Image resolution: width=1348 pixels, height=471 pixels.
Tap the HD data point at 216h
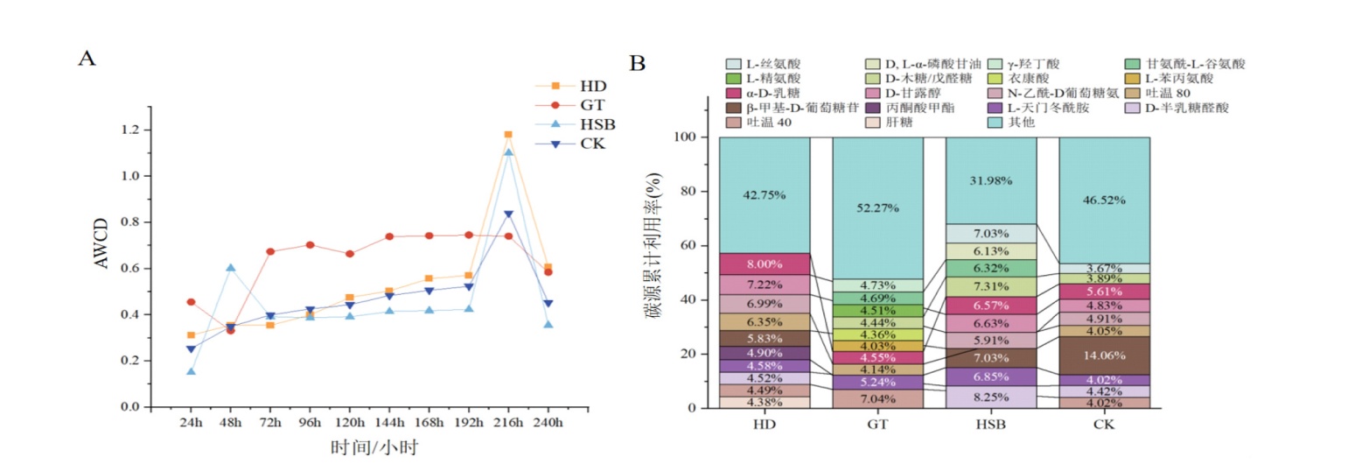click(x=507, y=135)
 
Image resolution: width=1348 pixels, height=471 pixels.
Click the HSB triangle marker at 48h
click(x=231, y=268)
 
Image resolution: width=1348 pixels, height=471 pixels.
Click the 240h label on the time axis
click(x=548, y=422)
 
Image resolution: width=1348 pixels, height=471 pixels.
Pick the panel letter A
click(x=87, y=59)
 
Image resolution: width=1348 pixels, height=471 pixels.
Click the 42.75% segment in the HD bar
click(x=764, y=195)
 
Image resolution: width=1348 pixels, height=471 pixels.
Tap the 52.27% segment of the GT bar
click(x=877, y=208)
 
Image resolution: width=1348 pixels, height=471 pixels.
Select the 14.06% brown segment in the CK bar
click(x=1103, y=355)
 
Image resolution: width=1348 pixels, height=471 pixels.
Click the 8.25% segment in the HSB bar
click(x=990, y=397)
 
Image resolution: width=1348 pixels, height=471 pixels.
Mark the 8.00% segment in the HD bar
click(x=764, y=264)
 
